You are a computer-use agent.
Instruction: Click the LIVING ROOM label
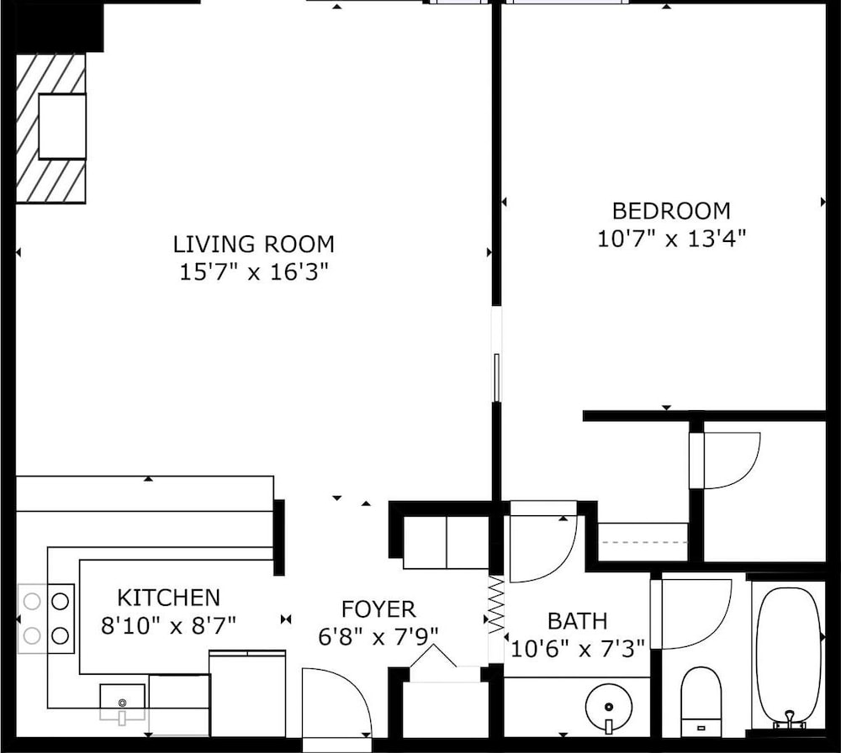click(254, 245)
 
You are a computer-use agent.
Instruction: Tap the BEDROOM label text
click(671, 211)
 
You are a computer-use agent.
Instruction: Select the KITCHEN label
click(169, 598)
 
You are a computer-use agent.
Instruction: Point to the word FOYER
click(378, 609)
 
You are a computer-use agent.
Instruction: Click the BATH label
click(578, 621)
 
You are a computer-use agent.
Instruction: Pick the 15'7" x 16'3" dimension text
click(253, 272)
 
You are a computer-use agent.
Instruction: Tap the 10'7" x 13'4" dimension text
click(671, 239)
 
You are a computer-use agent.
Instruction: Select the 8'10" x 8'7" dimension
click(169, 625)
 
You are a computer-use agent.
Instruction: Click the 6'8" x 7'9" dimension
click(378, 637)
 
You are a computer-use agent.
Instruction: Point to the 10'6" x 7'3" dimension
click(578, 649)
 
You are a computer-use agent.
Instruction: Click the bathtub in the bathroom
click(789, 658)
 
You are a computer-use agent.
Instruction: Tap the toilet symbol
click(701, 702)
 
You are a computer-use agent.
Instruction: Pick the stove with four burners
click(46, 619)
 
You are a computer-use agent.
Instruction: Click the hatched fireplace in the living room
click(51, 128)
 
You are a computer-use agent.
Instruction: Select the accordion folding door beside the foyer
click(496, 603)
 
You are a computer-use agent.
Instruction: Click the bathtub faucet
click(789, 719)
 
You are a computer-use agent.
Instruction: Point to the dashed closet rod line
click(644, 542)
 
